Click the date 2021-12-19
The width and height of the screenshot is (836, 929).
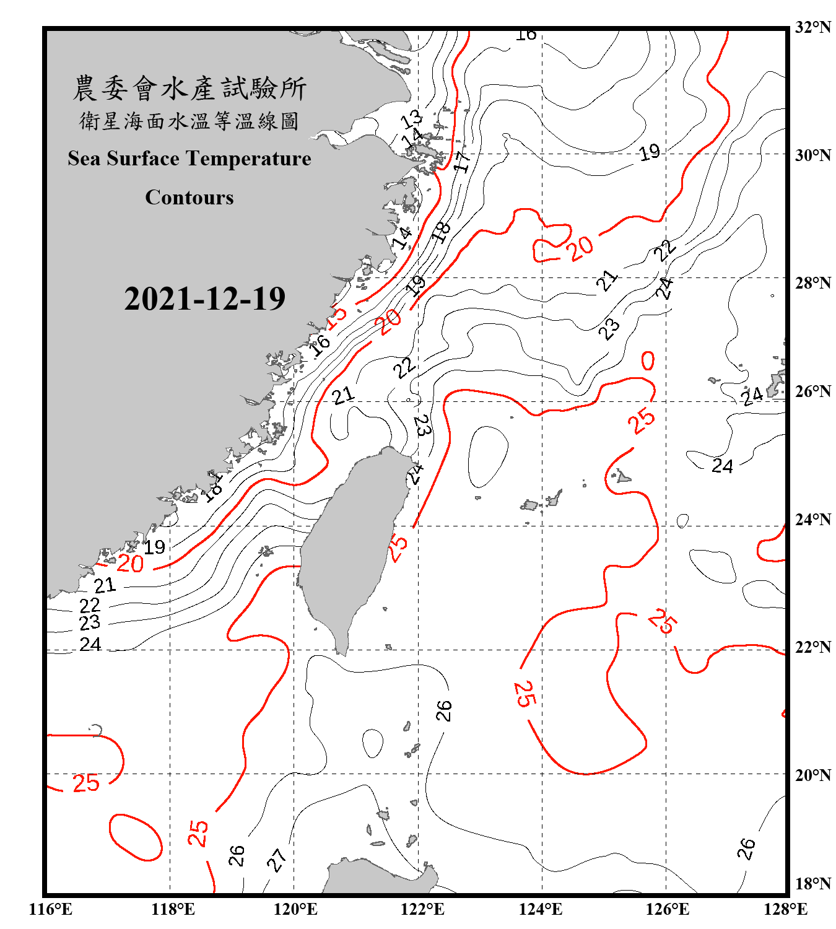click(204, 299)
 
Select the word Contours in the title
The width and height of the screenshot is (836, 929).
click(189, 198)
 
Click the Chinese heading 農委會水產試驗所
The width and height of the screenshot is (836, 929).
click(189, 89)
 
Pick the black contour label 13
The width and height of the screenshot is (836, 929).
click(411, 118)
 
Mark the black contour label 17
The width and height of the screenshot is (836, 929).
click(462, 162)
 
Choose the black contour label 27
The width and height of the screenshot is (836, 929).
click(277, 859)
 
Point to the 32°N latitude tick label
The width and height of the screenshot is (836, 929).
click(812, 27)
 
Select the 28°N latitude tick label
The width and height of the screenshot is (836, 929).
click(812, 283)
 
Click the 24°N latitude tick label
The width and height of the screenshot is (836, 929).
click(812, 520)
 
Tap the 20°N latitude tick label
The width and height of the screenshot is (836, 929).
click(812, 775)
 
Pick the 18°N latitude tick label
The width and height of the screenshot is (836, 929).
click(812, 884)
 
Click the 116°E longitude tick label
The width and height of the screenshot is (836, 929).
click(51, 909)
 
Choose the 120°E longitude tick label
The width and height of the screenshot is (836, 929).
click(295, 909)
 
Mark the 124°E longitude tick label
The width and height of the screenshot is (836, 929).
click(541, 909)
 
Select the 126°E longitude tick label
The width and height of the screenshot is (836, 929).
click(667, 909)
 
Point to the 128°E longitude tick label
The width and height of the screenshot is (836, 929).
click(785, 909)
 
